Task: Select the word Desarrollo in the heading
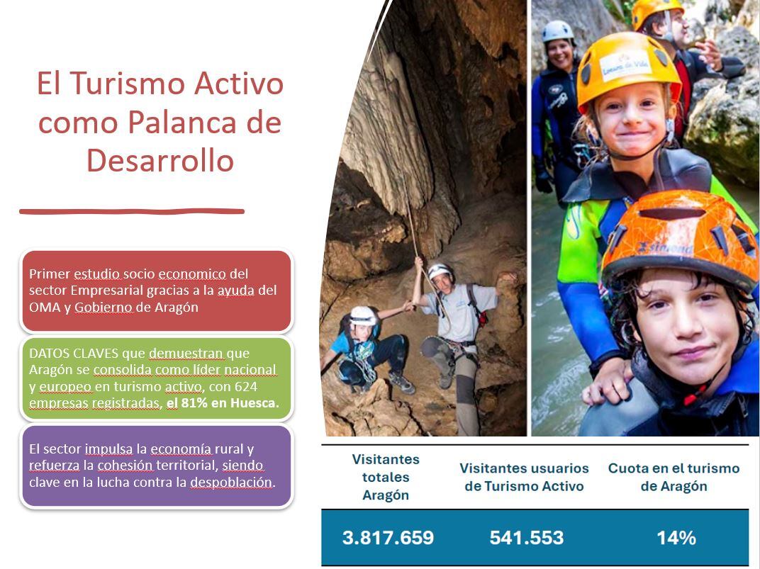[x=160, y=160]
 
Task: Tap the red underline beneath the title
[x=132, y=210]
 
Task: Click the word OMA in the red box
[x=44, y=308]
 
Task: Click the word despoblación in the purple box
[x=231, y=483]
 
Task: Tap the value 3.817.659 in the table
[x=388, y=538]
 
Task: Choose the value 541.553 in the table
[x=526, y=538]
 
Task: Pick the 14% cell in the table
[x=676, y=538]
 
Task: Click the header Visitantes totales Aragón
[x=386, y=478]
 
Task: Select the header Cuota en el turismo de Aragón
[x=674, y=477]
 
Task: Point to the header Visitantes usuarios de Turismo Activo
[x=524, y=477]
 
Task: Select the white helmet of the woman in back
[x=558, y=32]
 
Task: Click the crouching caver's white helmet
[x=363, y=315]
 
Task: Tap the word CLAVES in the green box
[x=89, y=353]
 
